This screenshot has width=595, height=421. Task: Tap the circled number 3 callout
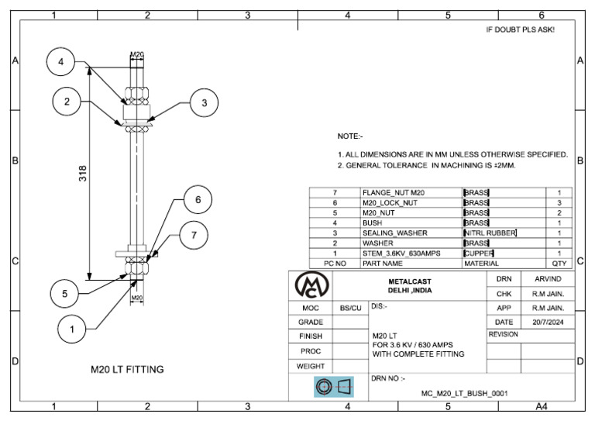click(x=203, y=102)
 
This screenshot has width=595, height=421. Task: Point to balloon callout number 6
click(x=198, y=199)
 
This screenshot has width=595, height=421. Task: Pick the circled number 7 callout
click(x=194, y=235)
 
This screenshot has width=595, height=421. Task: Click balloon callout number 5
click(x=65, y=294)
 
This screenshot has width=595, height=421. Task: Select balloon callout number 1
click(x=72, y=330)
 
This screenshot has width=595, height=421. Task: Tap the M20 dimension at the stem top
click(x=136, y=54)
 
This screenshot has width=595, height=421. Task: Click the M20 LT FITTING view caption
click(x=127, y=370)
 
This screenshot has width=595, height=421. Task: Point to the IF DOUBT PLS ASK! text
click(x=519, y=29)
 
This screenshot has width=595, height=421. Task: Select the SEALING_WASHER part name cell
click(x=394, y=233)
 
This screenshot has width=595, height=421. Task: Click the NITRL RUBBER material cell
click(x=490, y=233)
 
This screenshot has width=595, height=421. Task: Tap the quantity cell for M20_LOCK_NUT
click(x=559, y=202)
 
